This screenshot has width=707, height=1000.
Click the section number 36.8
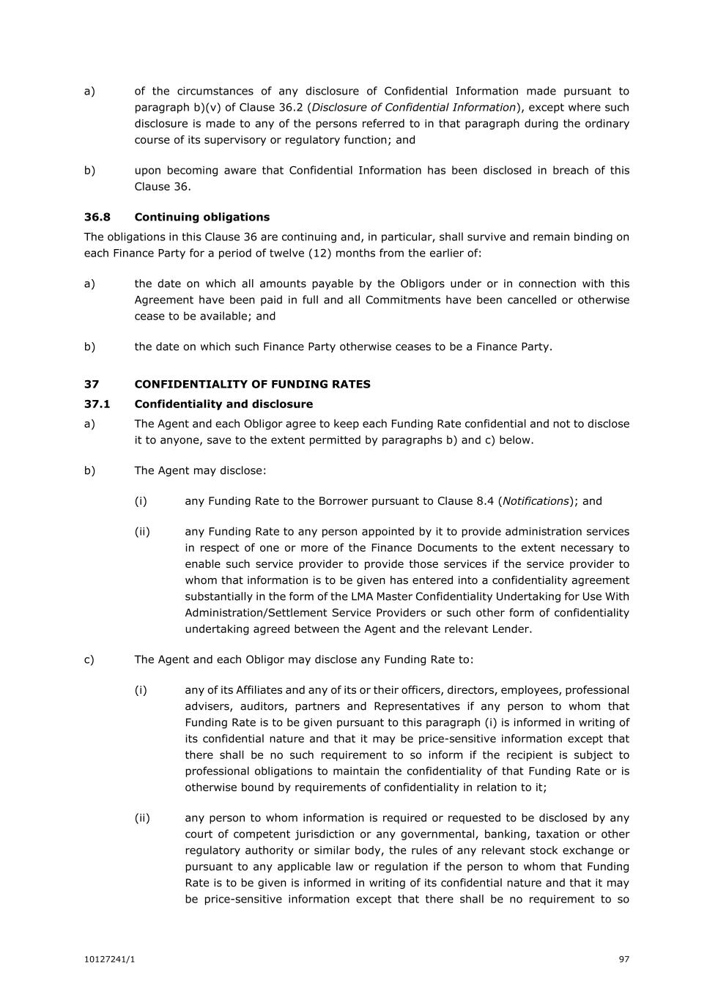[97, 217]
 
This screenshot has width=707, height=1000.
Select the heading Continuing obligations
[201, 217]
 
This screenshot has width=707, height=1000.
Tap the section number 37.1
[97, 404]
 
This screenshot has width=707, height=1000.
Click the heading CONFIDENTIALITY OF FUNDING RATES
[252, 384]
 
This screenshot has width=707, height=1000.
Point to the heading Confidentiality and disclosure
[223, 404]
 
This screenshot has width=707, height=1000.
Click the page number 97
[624, 959]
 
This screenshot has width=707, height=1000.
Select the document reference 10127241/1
[109, 959]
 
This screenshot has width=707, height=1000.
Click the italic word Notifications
[536, 501]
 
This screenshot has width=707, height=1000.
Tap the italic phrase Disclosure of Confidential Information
[413, 108]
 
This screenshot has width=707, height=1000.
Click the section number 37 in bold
[91, 384]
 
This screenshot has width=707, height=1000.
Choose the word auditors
[267, 706]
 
